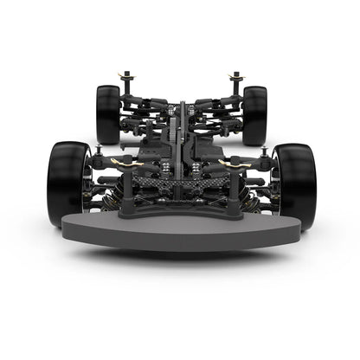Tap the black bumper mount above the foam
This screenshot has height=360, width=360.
[x=180, y=209]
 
